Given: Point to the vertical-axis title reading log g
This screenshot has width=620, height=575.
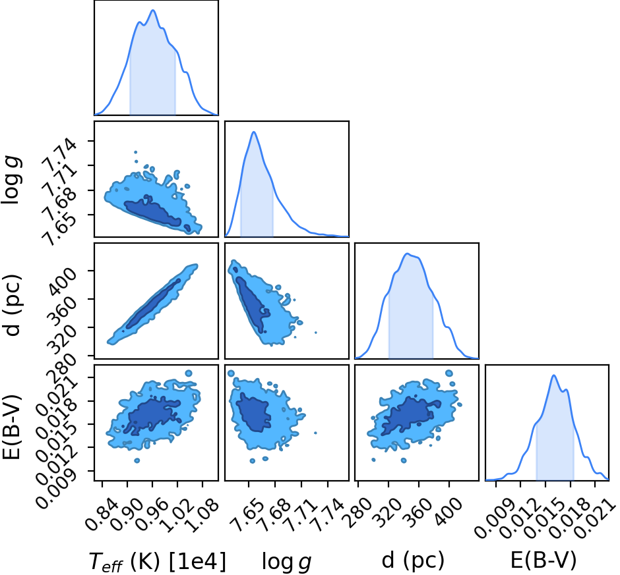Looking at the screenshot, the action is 12,180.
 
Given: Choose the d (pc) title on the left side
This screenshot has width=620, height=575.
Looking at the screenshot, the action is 13,305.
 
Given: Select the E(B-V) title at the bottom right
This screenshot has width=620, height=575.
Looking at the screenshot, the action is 543,560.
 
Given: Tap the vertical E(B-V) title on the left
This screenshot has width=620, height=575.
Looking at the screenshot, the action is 11,426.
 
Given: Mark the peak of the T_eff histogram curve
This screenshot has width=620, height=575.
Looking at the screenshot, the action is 153,11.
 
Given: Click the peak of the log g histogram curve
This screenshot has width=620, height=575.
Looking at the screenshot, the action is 254,132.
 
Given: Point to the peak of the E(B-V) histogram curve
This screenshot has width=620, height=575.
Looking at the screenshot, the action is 553,375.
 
